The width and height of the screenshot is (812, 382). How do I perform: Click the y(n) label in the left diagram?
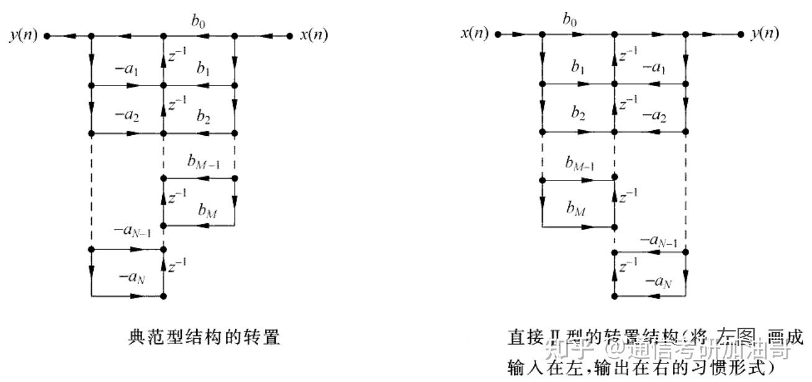click(x=24, y=35)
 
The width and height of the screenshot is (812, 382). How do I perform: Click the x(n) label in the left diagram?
click(x=314, y=35)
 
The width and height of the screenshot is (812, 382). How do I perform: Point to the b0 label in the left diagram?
click(x=198, y=22)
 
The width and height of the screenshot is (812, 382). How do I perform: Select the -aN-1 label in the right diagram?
click(x=658, y=239)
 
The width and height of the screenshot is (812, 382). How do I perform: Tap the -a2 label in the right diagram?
click(x=654, y=117)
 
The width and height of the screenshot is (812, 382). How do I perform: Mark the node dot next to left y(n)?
click(x=47, y=36)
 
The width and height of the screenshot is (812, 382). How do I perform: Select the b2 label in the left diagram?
click(x=203, y=117)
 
